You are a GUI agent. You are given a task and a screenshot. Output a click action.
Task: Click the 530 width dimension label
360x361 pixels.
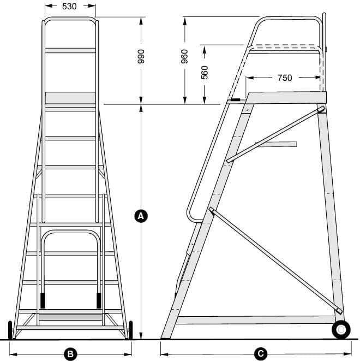coord(69,7)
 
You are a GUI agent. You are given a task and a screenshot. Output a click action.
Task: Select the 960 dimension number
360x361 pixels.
coord(185,57)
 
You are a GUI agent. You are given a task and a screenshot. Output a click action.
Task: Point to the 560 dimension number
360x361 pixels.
coord(205,72)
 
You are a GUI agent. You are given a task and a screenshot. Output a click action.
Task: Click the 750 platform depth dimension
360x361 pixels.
coord(284,78)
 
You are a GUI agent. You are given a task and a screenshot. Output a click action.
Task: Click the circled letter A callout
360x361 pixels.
coord(141,216)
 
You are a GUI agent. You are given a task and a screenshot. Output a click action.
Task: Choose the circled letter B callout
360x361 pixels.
coord(70,354)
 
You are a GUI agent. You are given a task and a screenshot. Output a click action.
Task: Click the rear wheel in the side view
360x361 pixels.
coord(341,330)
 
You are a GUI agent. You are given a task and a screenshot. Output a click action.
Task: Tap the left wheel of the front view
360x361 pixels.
coord(10,330)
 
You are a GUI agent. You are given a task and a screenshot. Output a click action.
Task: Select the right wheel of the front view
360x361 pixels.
coord(130,330)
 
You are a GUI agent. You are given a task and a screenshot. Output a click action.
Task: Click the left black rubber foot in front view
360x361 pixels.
coord(43,300)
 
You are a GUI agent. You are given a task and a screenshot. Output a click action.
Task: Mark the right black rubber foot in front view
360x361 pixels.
coord(99,300)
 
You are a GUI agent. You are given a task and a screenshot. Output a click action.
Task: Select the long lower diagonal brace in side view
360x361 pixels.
coord(275,260)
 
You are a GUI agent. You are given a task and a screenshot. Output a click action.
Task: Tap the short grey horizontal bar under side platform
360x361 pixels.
coord(276,144)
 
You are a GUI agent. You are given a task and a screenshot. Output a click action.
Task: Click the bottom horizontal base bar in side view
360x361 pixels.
coord(254,320)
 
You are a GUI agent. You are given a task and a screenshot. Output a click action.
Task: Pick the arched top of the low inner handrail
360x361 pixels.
coord(71,233)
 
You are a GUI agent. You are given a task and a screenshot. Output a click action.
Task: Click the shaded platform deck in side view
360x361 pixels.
coord(286,97)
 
